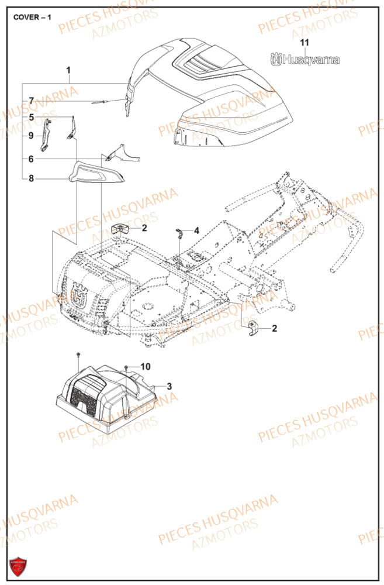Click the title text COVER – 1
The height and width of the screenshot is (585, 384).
click(32, 17)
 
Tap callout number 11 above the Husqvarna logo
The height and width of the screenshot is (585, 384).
click(303, 42)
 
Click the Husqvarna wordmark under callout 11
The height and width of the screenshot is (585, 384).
click(304, 59)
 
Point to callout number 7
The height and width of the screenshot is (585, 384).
click(32, 100)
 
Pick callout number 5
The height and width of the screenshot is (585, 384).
click(32, 117)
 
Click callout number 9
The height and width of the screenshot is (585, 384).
click(32, 136)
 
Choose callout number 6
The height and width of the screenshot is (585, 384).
click(32, 159)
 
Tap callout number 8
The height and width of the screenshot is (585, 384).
click(32, 179)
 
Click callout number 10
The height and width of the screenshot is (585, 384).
click(145, 367)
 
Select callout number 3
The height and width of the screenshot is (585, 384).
click(169, 386)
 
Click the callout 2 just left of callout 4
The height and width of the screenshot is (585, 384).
click(144, 228)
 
